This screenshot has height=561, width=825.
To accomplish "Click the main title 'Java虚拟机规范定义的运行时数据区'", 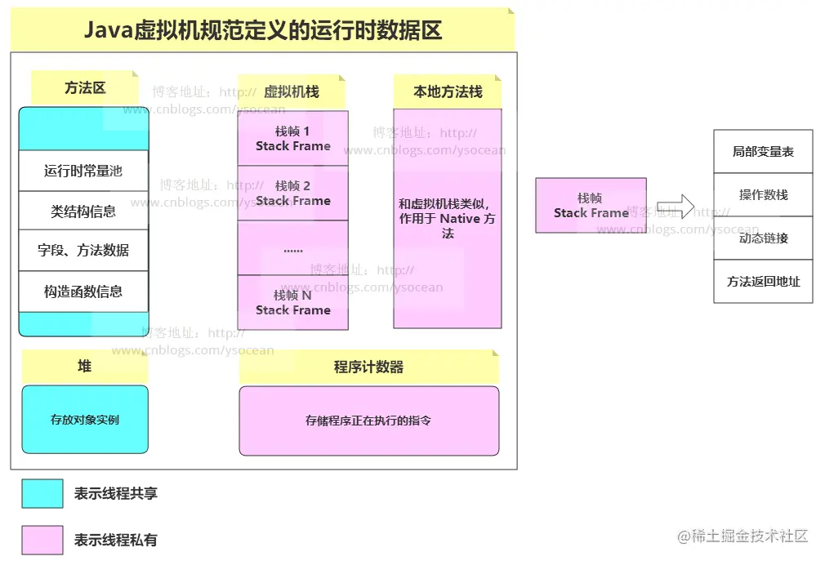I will [x=263, y=31].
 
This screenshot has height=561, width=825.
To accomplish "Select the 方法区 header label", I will [x=85, y=88].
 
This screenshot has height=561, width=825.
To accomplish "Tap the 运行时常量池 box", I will [x=83, y=171].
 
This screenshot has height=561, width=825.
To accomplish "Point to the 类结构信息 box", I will [x=83, y=211].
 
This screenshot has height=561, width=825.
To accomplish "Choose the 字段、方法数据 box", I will [x=83, y=251].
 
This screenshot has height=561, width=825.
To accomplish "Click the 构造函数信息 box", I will [x=83, y=292].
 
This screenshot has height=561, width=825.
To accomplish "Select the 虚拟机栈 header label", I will [x=292, y=92].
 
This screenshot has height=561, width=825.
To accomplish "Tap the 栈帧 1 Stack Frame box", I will [x=292, y=139].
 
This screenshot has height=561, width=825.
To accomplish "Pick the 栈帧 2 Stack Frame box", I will [x=292, y=194].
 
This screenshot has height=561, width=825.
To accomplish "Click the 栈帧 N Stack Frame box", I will [x=292, y=302].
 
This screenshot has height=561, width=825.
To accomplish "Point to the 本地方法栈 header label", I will [x=448, y=92].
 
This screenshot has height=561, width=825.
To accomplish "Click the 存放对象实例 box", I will [x=85, y=420].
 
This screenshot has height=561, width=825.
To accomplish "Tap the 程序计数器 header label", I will [x=368, y=367].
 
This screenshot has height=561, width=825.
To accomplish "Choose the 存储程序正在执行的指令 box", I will [x=368, y=421].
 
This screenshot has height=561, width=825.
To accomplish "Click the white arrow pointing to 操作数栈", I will [x=676, y=206].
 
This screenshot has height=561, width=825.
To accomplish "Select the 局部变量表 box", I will [x=763, y=152].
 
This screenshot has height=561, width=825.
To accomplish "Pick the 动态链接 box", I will [x=763, y=238].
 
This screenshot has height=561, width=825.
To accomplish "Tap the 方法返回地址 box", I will [x=763, y=282].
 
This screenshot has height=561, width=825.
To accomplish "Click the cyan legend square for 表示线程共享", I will [x=42, y=493].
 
